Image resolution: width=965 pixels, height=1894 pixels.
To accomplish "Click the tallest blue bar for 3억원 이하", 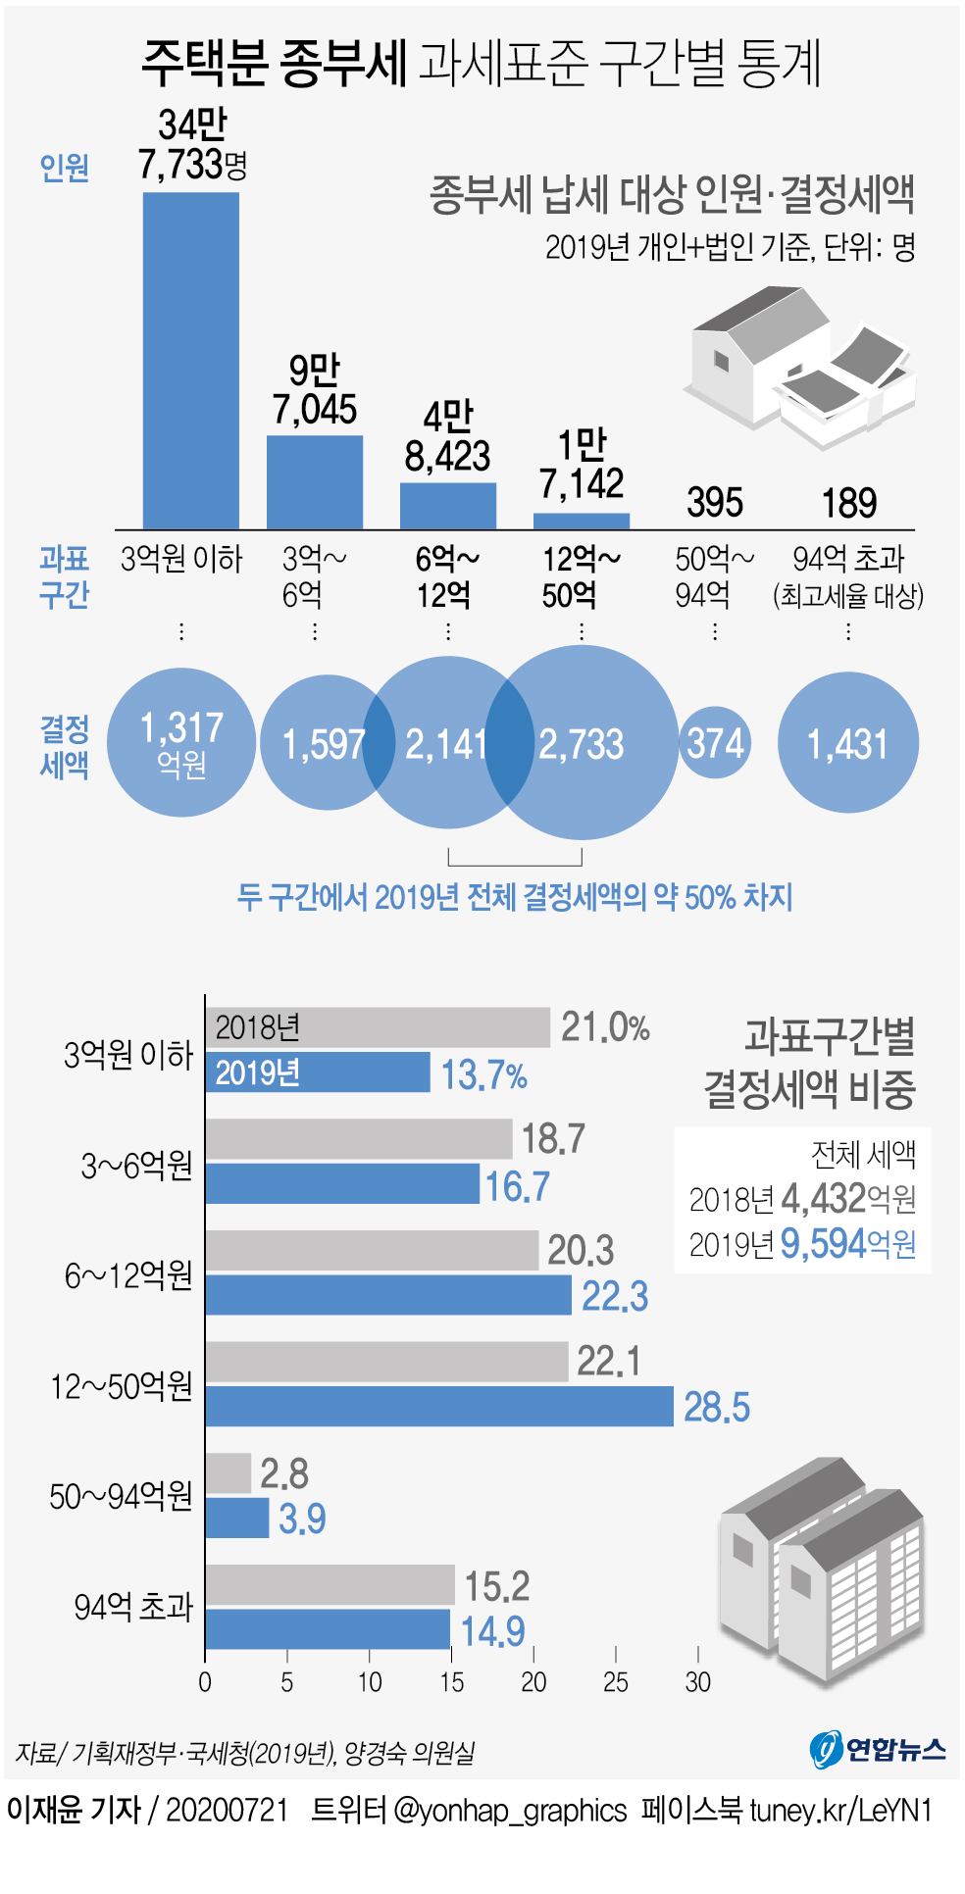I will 191,360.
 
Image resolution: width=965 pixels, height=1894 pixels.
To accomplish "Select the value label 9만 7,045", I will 314,390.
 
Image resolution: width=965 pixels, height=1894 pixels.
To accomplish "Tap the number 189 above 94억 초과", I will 848,503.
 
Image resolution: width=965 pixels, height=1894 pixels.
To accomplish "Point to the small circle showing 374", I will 715,743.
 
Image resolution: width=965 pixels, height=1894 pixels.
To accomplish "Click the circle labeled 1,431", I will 847,743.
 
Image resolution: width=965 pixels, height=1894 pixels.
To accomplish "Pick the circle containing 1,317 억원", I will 181,742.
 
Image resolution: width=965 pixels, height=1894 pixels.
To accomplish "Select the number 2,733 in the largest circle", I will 582,744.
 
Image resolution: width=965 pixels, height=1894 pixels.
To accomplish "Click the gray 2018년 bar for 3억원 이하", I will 378,1027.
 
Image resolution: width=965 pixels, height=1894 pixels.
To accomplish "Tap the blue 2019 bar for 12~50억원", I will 439,1406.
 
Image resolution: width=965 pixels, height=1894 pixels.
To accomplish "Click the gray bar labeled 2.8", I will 228,1473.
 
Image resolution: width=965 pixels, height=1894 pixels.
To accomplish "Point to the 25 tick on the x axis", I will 616,1682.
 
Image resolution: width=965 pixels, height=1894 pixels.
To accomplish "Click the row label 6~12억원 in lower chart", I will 128,1275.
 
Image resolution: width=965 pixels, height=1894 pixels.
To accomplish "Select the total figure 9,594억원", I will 847,1244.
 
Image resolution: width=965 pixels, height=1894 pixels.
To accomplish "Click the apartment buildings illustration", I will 822,1569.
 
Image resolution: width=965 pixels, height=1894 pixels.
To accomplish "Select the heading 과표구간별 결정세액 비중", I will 810,1063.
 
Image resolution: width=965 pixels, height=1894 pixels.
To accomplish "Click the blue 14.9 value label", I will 492,1631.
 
